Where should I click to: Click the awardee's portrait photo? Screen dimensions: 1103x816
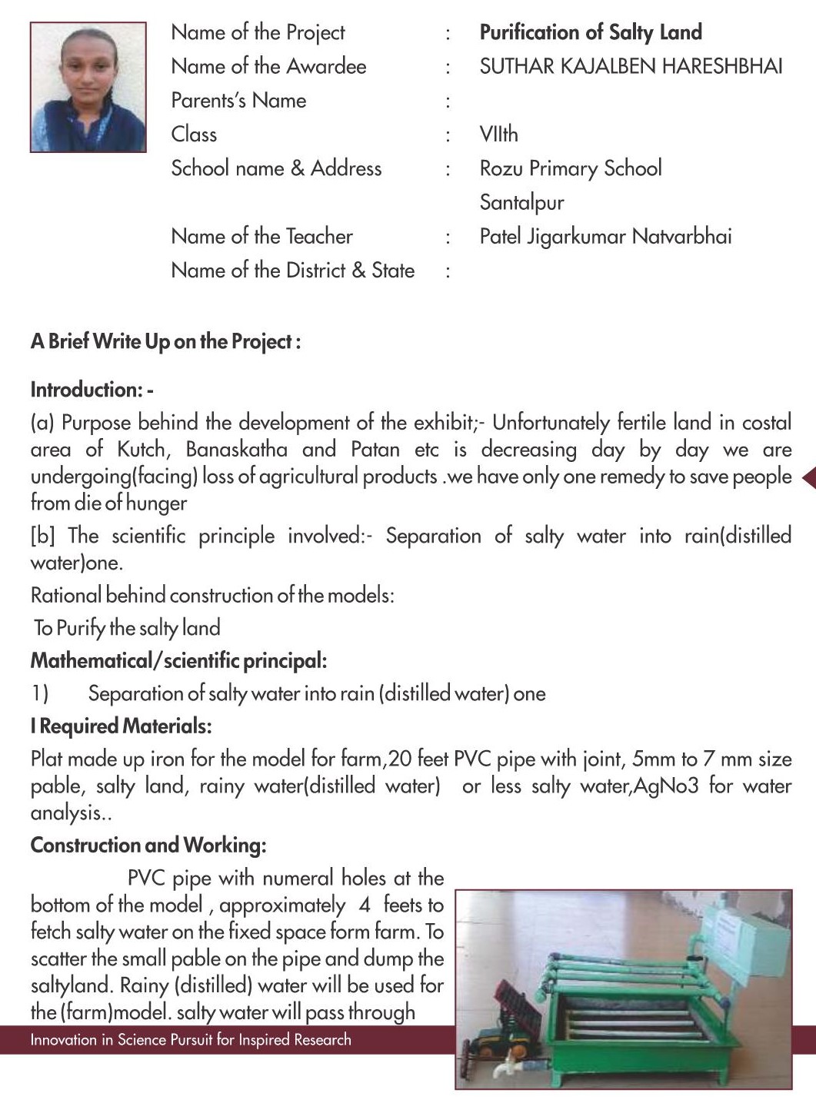(88, 87)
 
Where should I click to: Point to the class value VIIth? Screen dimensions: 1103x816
(498, 135)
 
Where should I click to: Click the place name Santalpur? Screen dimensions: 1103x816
(521, 203)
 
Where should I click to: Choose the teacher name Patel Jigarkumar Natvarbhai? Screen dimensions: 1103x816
(605, 237)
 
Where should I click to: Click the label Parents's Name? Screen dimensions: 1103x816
(238, 101)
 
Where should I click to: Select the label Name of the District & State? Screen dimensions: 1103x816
(292, 271)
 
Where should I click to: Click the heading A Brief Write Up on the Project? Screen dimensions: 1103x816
(165, 342)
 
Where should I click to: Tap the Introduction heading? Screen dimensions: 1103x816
(92, 390)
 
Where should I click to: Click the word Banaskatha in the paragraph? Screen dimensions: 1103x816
(237, 450)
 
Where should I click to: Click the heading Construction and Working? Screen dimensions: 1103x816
(148, 846)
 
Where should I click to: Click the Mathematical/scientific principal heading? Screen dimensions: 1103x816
(178, 661)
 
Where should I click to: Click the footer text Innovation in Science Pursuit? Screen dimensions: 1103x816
(191, 1040)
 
